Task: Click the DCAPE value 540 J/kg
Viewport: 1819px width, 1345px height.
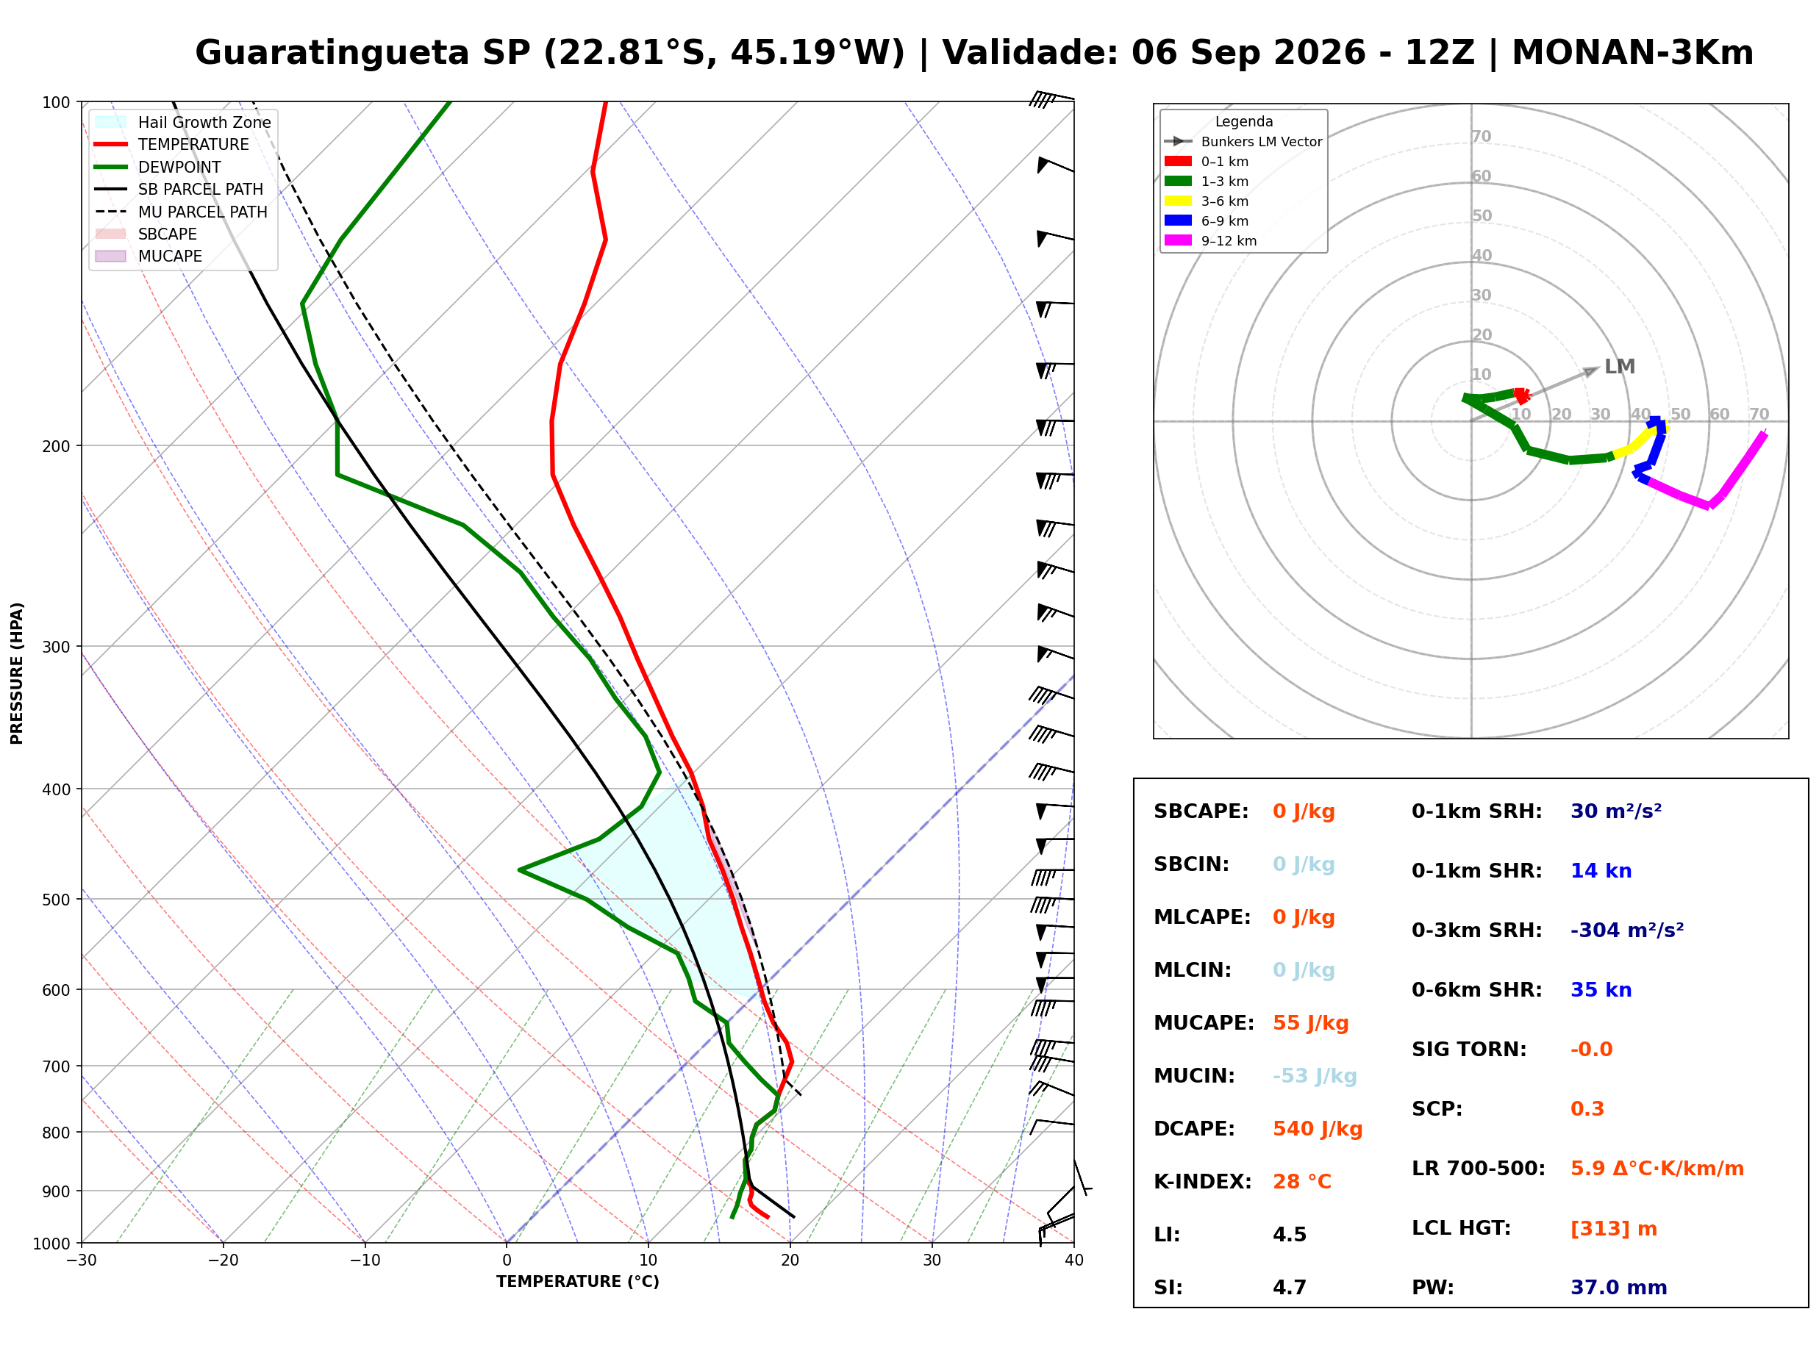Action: pyautogui.click(x=1318, y=1129)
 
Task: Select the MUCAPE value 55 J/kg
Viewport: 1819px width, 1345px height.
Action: pyautogui.click(x=1311, y=1023)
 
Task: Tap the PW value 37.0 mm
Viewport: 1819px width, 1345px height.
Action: pyautogui.click(x=1619, y=1288)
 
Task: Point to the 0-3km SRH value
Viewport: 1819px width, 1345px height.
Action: pyautogui.click(x=1627, y=930)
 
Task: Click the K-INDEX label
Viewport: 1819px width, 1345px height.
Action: pyautogui.click(x=1203, y=1182)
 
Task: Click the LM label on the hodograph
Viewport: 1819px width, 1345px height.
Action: pyautogui.click(x=1620, y=366)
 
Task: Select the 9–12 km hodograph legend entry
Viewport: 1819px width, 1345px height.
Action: pyautogui.click(x=1211, y=241)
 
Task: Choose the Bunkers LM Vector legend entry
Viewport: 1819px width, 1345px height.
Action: pyautogui.click(x=1243, y=142)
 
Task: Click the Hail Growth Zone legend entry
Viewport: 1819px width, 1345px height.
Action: pyautogui.click(x=183, y=122)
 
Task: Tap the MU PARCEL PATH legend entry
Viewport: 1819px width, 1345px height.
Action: pyautogui.click(x=182, y=212)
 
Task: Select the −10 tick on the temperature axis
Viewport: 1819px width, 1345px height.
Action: pyautogui.click(x=364, y=1260)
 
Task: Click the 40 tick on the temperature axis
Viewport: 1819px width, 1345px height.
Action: pyautogui.click(x=1074, y=1260)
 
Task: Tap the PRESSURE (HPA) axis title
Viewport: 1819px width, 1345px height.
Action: pyautogui.click(x=17, y=673)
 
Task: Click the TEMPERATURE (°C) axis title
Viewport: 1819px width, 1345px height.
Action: pyautogui.click(x=578, y=1282)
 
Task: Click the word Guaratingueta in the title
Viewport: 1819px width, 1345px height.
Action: pyautogui.click(x=332, y=53)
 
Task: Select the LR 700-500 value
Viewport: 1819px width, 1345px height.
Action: pyautogui.click(x=1657, y=1169)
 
